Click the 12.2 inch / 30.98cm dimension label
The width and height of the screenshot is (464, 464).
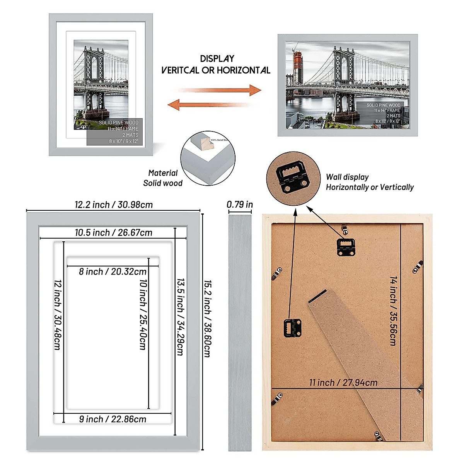coord(114,205)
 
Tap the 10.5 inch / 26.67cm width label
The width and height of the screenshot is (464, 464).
coord(114,232)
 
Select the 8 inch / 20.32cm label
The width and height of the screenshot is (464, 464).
coord(113,271)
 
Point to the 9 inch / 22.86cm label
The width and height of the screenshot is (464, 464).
coord(113,419)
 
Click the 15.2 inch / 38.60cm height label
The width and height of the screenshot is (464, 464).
coord(207,319)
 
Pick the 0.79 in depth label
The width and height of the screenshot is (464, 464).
coord(240,205)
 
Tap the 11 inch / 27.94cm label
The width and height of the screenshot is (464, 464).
coord(343,382)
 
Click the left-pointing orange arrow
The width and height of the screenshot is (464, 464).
coord(209,104)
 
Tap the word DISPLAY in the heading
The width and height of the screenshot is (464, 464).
coord(217,59)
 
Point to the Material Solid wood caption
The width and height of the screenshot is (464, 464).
coord(163,178)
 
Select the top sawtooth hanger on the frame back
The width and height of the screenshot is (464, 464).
coord(346,247)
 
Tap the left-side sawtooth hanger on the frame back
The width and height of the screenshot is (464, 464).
coord(293,328)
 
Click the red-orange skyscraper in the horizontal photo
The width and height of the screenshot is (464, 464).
coord(297,68)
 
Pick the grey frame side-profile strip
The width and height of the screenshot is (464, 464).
coord(240,333)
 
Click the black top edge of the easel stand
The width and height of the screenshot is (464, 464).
coord(318,296)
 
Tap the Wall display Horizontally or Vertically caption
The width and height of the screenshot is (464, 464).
coord(369,182)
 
